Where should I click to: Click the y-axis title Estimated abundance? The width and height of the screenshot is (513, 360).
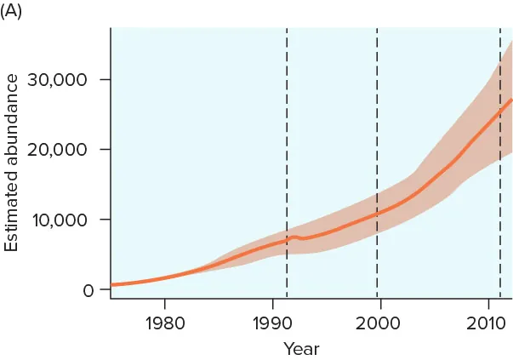pyautogui.click(x=12, y=163)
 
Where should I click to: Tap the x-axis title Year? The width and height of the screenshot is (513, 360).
pyautogui.click(x=301, y=348)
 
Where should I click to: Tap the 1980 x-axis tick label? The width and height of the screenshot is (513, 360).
pyautogui.click(x=164, y=324)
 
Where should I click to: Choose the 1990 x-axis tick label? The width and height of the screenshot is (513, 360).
pyautogui.click(x=272, y=324)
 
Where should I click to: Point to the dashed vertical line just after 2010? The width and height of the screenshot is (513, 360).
pyautogui.click(x=500, y=170)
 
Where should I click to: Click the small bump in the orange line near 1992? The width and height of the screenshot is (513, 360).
pyautogui.click(x=296, y=236)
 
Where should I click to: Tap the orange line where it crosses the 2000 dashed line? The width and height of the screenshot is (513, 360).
pyautogui.click(x=377, y=213)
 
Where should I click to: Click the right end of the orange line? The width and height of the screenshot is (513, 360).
pyautogui.click(x=511, y=100)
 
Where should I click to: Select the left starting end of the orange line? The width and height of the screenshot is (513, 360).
pyautogui.click(x=112, y=285)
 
